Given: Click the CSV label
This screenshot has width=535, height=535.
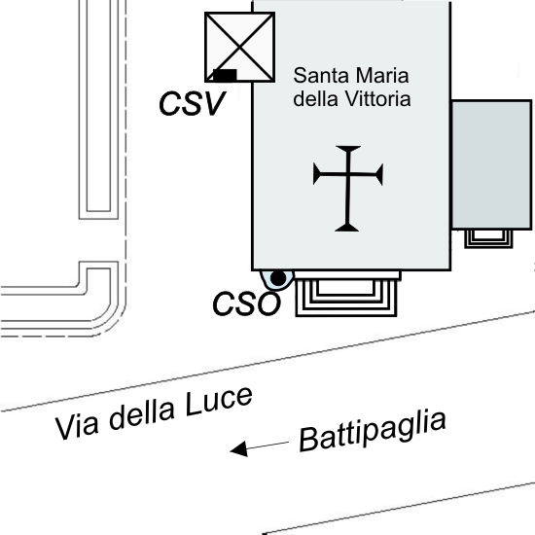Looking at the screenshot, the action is (x=192, y=103).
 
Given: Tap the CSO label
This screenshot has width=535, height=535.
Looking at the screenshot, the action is (x=246, y=303).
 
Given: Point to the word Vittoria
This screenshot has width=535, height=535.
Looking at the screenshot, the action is (x=377, y=99).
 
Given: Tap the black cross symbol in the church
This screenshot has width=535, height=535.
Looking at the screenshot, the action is (x=348, y=189).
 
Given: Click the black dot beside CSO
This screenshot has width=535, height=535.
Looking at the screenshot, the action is (x=278, y=278).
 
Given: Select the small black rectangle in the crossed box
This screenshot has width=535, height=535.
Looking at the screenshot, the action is (x=225, y=75).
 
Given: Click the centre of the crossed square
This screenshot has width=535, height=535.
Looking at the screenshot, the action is (x=240, y=47).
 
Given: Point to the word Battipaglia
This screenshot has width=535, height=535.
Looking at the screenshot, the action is (x=373, y=431).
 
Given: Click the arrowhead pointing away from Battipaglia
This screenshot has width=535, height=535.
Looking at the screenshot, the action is (x=239, y=448).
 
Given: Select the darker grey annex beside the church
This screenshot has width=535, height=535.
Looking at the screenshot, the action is (x=491, y=165).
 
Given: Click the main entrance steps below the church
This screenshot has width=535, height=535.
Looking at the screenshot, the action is (x=346, y=294).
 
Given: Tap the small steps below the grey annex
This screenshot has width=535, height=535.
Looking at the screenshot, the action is (x=488, y=238).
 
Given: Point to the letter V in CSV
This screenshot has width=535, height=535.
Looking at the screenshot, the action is (x=212, y=103).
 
